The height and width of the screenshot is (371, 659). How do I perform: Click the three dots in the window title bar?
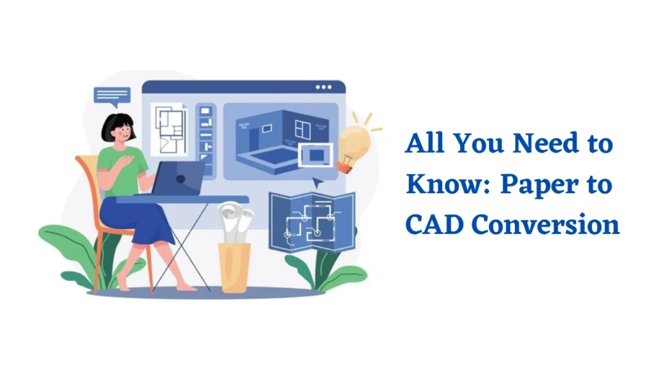point(324,87)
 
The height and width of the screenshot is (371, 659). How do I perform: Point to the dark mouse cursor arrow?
point(317,182)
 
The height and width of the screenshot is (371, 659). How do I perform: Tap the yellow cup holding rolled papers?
point(234,267)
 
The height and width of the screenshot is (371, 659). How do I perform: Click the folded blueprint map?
point(312,222)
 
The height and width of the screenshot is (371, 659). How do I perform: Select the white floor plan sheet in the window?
point(169,129)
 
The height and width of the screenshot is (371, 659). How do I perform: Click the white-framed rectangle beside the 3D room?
point(315,155)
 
